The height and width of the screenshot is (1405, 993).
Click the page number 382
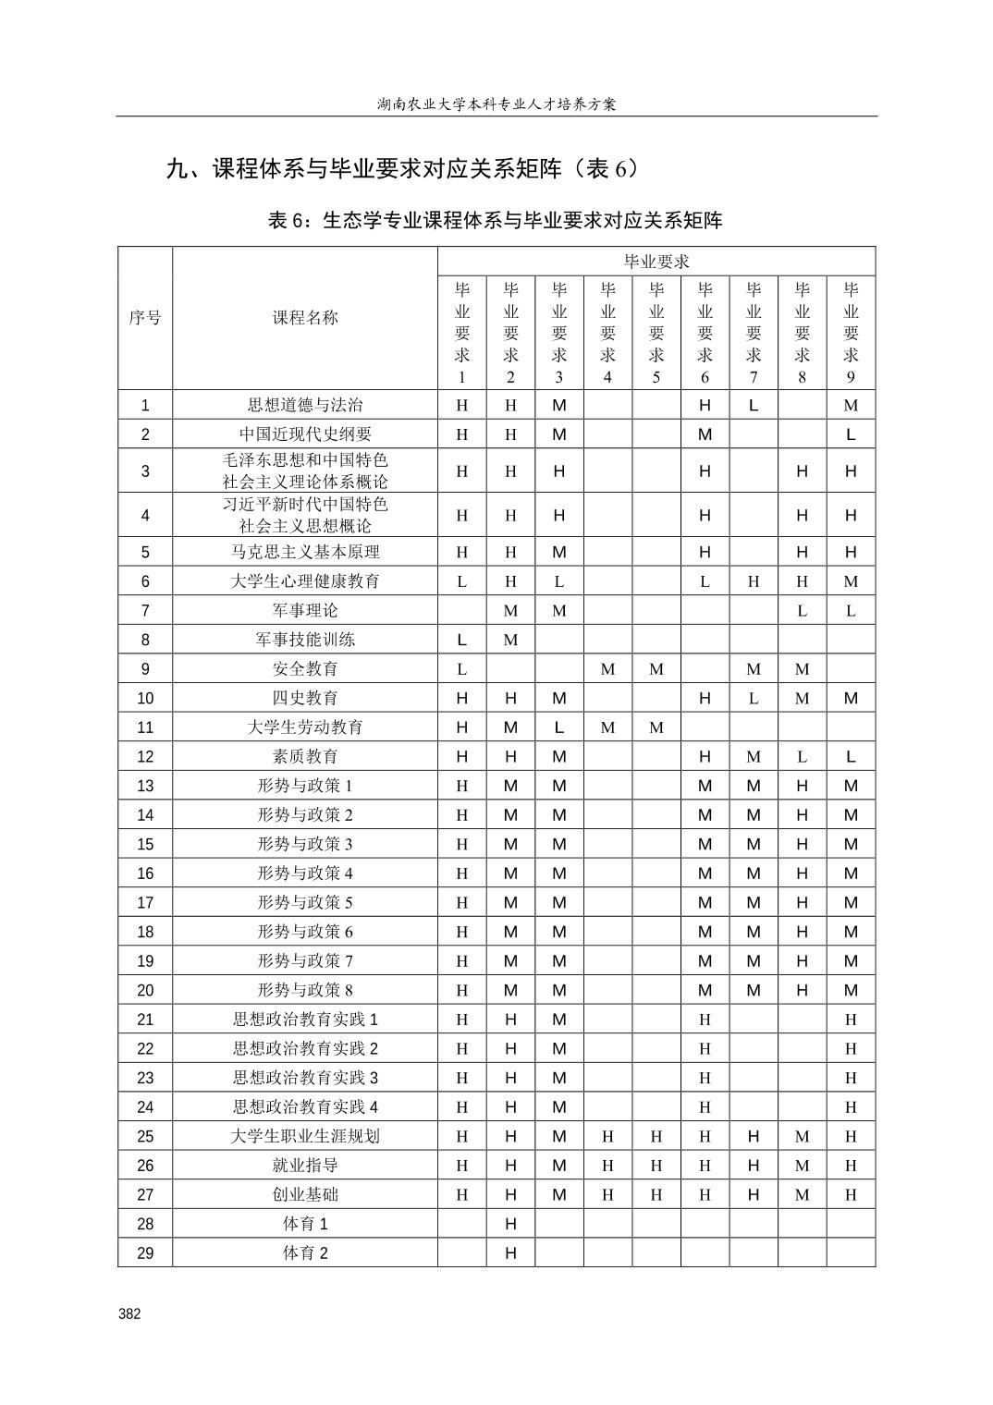[x=129, y=1314]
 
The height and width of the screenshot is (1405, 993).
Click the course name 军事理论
[x=305, y=610]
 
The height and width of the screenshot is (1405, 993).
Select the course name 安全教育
[x=305, y=668]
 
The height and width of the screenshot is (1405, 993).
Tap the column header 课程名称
[x=305, y=318]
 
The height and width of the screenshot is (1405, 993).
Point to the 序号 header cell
[x=144, y=318]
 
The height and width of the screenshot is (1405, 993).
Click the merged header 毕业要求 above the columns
[x=656, y=262]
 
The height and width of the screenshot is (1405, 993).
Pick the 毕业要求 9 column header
[x=851, y=333]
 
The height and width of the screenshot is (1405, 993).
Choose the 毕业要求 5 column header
[x=656, y=333]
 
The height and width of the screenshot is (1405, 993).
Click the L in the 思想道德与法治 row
[x=754, y=405]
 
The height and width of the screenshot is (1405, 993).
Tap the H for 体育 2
[x=510, y=1253]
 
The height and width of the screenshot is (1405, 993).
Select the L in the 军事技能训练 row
[x=462, y=640]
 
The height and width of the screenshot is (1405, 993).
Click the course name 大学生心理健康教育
[x=305, y=581]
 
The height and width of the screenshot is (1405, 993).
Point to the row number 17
[x=145, y=902]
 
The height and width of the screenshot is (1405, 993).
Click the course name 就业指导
[x=305, y=1166]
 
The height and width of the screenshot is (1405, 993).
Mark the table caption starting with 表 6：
[x=496, y=220]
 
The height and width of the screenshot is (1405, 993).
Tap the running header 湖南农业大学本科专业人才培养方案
[x=496, y=104]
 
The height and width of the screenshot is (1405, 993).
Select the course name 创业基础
[x=305, y=1194]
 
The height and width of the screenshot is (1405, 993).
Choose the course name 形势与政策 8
[x=305, y=990]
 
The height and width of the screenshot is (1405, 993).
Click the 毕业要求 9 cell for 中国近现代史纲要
[x=851, y=434]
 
